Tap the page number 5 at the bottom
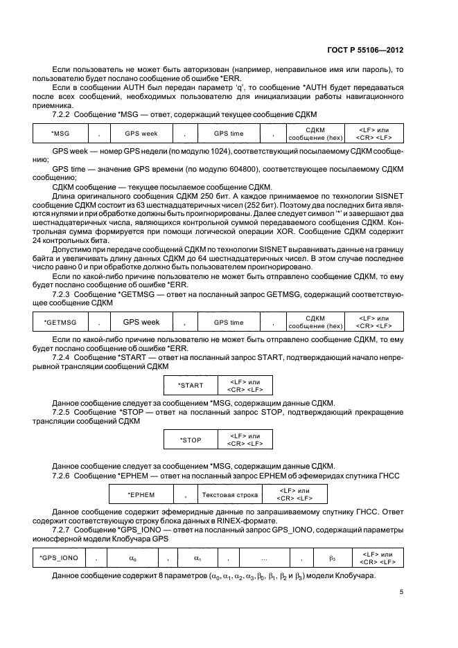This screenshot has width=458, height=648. [402, 592]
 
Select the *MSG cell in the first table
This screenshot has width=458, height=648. [61, 133]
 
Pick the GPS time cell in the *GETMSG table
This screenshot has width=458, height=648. [228, 322]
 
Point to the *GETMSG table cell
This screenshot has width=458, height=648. [61, 322]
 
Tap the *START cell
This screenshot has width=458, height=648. [191, 385]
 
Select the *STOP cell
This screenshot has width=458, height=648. [191, 440]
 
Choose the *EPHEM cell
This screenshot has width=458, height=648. [141, 494]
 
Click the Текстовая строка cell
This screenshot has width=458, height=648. [230, 494]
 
